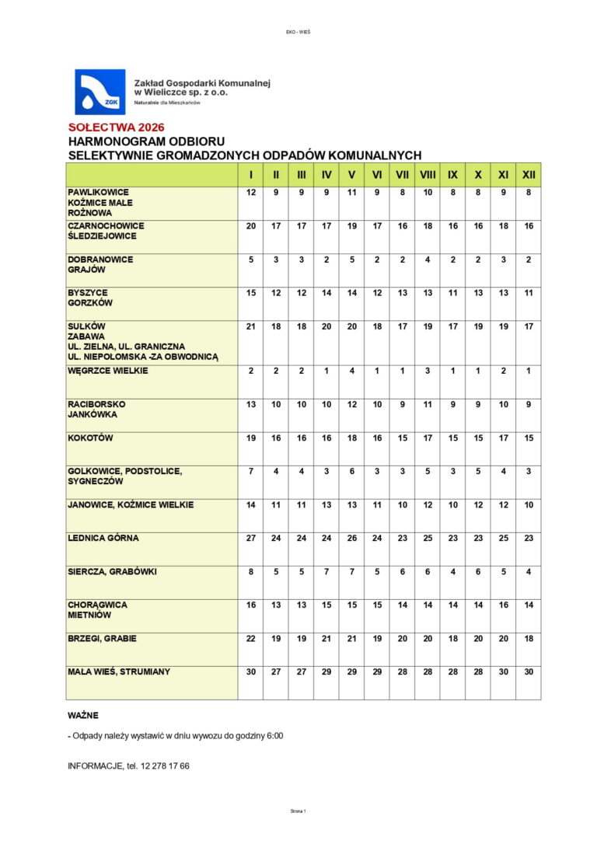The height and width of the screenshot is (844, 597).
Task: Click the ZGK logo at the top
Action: pos(99,92)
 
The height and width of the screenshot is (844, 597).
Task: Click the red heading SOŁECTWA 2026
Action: pos(116,127)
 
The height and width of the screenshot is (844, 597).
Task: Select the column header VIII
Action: pos(428,174)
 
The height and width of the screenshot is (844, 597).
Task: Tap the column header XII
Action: pos(529,174)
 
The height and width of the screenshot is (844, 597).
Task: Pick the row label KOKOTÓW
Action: pos(90,438)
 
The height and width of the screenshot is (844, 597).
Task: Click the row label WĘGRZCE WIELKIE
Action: pos(107,371)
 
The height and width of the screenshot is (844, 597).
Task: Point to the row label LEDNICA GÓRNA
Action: pos(103,538)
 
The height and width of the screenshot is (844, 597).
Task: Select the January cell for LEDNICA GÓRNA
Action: pos(250,538)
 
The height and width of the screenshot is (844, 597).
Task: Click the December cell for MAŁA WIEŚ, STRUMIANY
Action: pos(529,671)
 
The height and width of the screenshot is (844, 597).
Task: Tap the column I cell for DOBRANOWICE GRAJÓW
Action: pos(250,260)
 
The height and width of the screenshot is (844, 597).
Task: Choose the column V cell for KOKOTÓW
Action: pos(352,438)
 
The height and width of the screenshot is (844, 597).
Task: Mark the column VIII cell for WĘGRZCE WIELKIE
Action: pos(428,371)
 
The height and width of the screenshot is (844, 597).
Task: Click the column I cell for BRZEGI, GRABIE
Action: pos(250,638)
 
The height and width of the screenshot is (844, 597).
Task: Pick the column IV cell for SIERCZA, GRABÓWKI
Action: pos(326,571)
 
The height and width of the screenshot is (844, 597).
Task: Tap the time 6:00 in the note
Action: pos(272,735)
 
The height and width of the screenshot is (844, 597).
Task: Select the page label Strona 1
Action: pos(298,811)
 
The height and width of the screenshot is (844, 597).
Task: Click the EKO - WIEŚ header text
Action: pos(298,32)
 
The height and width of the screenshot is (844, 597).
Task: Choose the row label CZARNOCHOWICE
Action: pos(106,226)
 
